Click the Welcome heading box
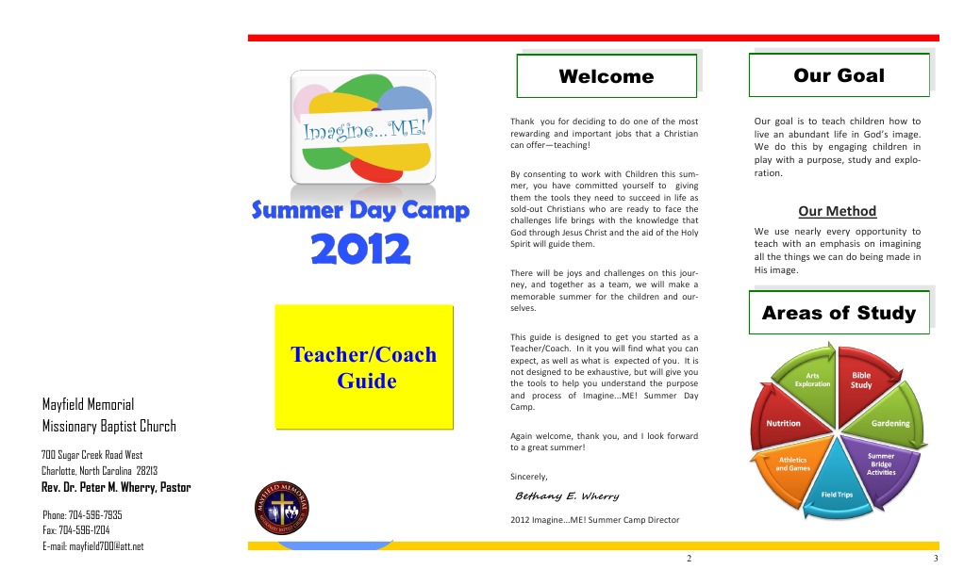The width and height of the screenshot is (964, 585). tap(607, 76)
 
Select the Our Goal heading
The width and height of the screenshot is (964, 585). tap(839, 75)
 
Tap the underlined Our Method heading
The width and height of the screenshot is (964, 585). tap(838, 211)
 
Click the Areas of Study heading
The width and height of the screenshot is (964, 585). tap(839, 313)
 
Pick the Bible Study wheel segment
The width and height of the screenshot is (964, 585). tap(862, 382)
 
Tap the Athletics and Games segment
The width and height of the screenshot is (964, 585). tap(792, 463)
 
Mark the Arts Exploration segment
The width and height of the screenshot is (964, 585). tap(811, 381)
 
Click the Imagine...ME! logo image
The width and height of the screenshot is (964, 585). tap(363, 127)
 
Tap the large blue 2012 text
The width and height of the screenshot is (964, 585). tap(361, 250)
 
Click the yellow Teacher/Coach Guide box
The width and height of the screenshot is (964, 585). tap(363, 367)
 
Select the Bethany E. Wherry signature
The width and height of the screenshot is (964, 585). tap(567, 496)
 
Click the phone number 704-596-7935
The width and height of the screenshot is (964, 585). tap(82, 515)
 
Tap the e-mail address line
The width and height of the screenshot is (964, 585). tap(93, 546)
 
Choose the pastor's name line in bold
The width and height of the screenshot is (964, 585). tap(116, 487)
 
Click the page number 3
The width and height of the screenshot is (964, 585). tap(935, 560)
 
